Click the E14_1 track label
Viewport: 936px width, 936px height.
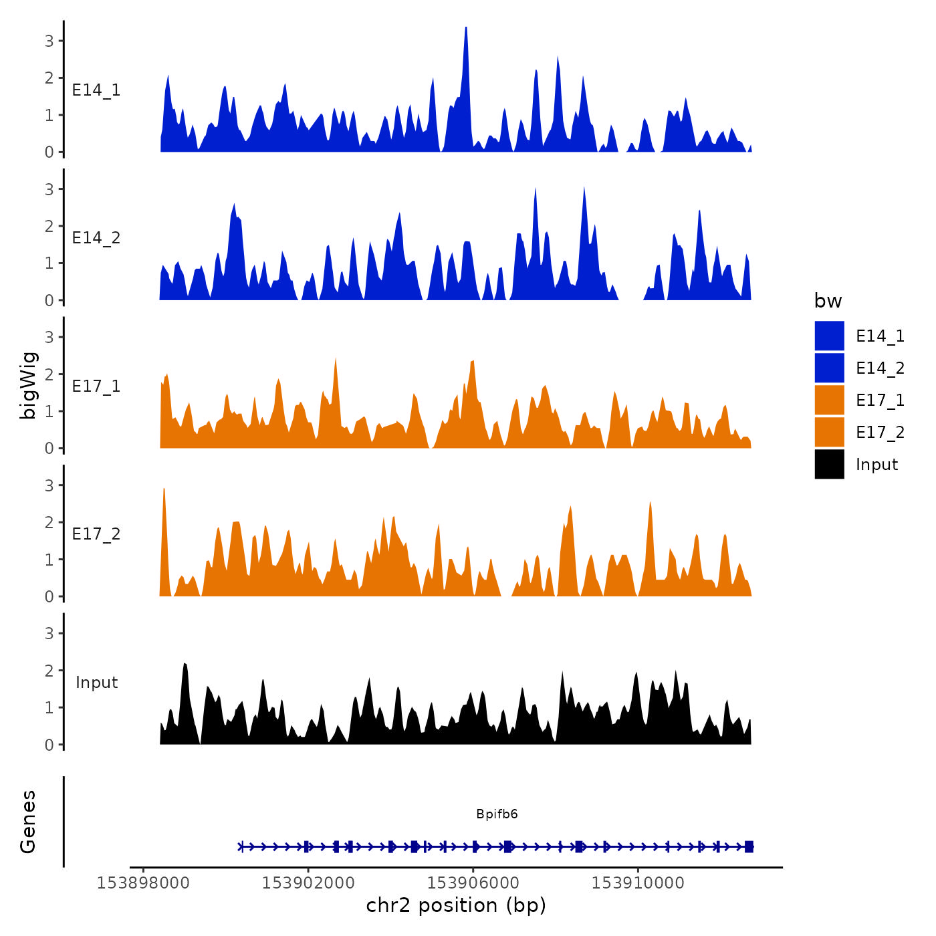pyautogui.click(x=96, y=90)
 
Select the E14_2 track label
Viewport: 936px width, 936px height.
pyautogui.click(x=96, y=238)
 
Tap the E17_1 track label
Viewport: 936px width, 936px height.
pyautogui.click(x=96, y=386)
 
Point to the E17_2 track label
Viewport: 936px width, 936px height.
pyautogui.click(x=96, y=534)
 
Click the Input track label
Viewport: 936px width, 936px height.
pyautogui.click(x=96, y=683)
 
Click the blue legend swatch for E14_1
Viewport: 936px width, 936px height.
pyautogui.click(x=829, y=336)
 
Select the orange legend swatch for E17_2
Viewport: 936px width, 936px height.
pyautogui.click(x=829, y=432)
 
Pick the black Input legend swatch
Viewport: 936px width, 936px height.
pyautogui.click(x=829, y=464)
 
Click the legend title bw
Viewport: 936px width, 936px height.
pyautogui.click(x=828, y=302)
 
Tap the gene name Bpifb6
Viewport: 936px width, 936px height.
pyautogui.click(x=497, y=814)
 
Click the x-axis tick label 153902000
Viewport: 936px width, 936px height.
pyautogui.click(x=308, y=883)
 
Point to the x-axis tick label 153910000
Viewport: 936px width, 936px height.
pyautogui.click(x=638, y=883)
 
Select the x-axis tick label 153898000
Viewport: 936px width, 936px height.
pyautogui.click(x=143, y=883)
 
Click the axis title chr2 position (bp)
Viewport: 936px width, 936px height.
pyautogui.click(x=456, y=906)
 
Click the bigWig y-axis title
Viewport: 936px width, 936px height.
pyautogui.click(x=28, y=385)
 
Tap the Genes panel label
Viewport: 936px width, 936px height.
pyautogui.click(x=28, y=822)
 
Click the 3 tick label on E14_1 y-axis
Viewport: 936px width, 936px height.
pyautogui.click(x=49, y=41)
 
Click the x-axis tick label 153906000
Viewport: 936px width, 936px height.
pyautogui.click(x=473, y=883)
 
